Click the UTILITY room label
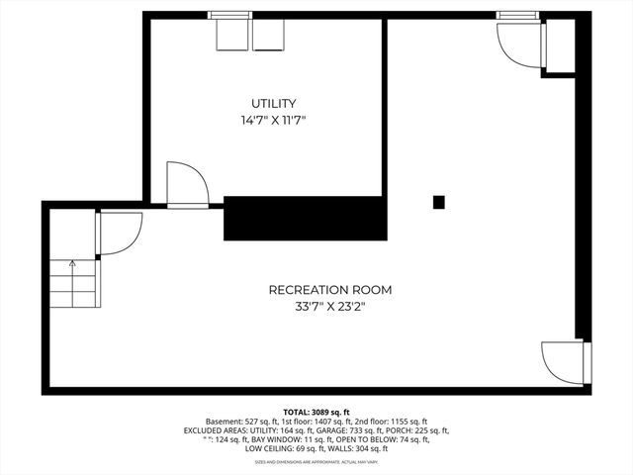pos(274,103)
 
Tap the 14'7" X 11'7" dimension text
pos(274,120)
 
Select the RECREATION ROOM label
pos(330,290)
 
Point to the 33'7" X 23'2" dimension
pos(330,307)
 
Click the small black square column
pos(439,202)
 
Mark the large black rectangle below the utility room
pos(304,218)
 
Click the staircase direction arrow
pos(72,264)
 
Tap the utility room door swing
pos(186,182)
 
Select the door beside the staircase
pos(117,233)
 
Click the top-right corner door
pos(519,40)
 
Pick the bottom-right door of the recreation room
pos(564,363)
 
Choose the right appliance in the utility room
pos(268,35)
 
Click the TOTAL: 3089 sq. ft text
pos(316,411)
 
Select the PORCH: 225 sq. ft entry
pos(416,430)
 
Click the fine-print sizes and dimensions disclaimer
pos(316,462)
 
